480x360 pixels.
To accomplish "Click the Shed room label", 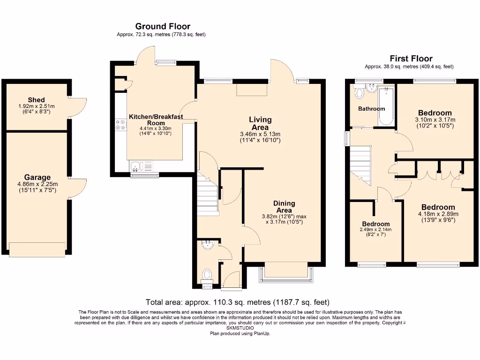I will point(36,100).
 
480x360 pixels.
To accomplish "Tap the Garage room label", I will point(37,177).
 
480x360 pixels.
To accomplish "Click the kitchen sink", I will point(136,165).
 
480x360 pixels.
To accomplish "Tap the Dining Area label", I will point(284,206).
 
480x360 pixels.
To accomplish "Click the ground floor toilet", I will point(207,274).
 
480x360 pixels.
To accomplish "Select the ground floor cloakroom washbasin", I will point(207,244).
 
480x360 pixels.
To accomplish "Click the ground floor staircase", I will point(207,193).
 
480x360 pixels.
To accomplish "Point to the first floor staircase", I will point(361,164).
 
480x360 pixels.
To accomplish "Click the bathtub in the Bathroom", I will point(386,106).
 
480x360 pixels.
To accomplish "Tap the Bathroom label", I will point(371,109).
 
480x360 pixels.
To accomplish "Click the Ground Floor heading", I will point(163,26).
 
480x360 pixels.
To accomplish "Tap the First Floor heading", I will point(411,59).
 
